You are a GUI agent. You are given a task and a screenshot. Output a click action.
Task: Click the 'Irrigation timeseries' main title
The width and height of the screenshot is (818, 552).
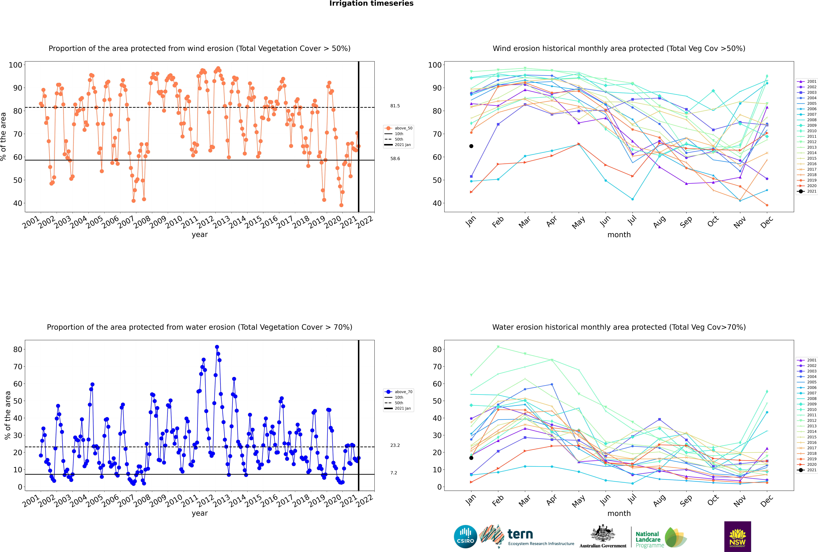371,3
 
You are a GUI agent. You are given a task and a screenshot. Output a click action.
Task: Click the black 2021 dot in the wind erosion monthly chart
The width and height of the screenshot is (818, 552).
471,146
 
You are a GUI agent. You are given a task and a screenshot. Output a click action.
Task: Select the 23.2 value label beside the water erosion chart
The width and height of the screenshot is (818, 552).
395,445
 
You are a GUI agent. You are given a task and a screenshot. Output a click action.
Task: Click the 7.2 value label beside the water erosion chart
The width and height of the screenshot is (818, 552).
394,473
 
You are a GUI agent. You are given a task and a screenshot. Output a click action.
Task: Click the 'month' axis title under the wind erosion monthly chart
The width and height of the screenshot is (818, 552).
619,235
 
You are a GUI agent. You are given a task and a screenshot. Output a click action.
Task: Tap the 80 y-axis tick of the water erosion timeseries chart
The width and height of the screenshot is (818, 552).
18,350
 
